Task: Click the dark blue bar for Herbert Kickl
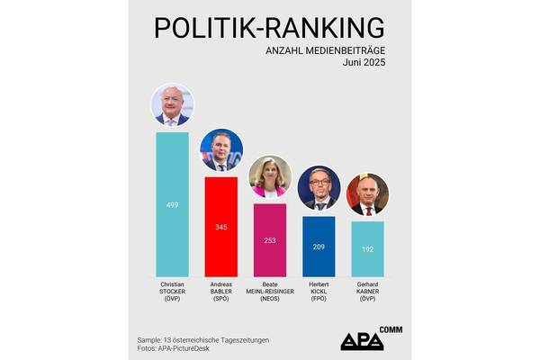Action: point(319,245)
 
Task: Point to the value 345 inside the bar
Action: point(221,227)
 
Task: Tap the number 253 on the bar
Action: point(270,241)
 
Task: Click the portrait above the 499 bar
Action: point(172,106)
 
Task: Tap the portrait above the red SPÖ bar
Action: point(221,151)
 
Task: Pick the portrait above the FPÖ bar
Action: point(319,187)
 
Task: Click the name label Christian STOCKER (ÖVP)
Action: point(172,290)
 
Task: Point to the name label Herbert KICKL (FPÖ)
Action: point(319,290)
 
